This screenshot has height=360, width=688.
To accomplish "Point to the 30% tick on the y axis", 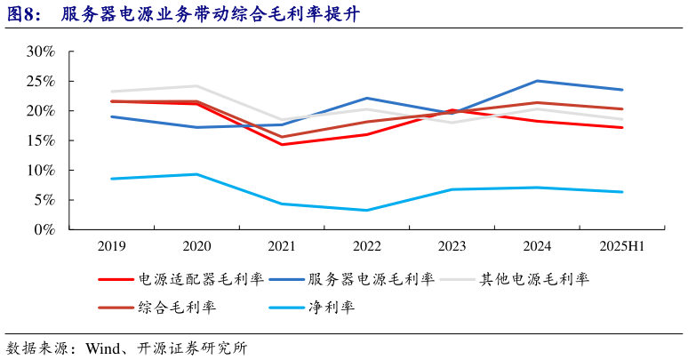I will (x=40, y=52).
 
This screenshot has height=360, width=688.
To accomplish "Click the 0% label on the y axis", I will (x=44, y=229).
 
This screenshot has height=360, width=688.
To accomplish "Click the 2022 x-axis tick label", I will (x=367, y=245).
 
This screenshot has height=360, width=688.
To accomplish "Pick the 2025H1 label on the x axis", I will (x=622, y=245).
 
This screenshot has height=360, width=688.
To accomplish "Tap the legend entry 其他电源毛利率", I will (x=533, y=279).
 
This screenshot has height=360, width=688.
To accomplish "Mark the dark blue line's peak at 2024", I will (x=537, y=81).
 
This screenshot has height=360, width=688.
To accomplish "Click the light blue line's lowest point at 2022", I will (x=366, y=210).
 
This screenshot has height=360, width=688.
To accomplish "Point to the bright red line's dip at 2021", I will (x=282, y=144).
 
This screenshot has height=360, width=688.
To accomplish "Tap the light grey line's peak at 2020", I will (x=196, y=86).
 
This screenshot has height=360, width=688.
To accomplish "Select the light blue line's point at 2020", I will (x=196, y=174).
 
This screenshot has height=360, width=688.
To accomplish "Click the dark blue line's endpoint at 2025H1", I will (x=622, y=90).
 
